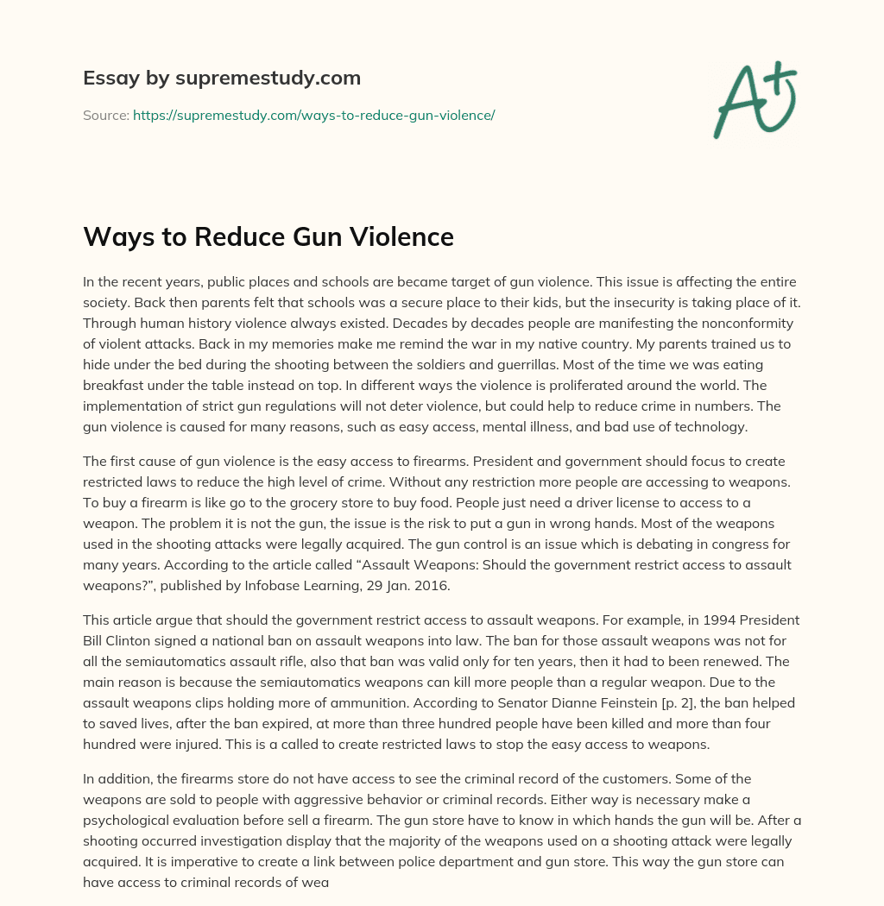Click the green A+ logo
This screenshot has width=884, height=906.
(x=754, y=99)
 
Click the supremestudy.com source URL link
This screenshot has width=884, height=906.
(x=313, y=115)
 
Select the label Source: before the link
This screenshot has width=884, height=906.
(x=105, y=115)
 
